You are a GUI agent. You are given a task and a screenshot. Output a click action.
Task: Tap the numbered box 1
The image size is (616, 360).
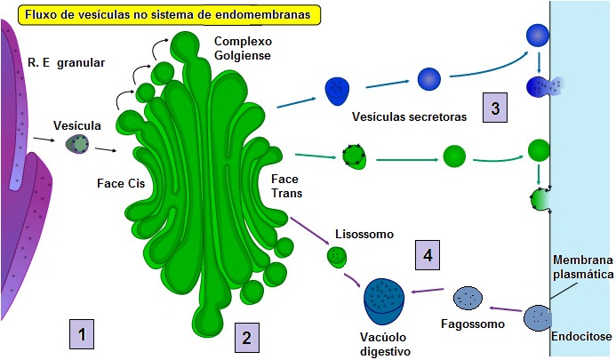(x=81, y=335)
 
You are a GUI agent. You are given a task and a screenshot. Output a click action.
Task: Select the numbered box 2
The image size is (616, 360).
(x=246, y=337)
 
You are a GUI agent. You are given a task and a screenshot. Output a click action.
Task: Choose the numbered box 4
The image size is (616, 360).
(x=428, y=256)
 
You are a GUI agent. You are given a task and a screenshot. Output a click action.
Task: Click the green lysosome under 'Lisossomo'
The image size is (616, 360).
(x=337, y=258)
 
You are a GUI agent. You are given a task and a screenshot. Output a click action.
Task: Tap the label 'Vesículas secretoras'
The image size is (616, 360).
(x=410, y=116)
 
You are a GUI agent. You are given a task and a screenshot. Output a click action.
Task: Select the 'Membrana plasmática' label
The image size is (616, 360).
(x=583, y=267)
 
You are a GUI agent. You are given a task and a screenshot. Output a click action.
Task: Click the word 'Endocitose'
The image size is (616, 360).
(x=582, y=338)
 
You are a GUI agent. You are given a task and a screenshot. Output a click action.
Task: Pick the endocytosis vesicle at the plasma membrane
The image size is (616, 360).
(x=537, y=318)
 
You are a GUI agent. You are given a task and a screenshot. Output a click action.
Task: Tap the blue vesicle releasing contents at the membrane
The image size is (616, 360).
(x=542, y=87)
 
